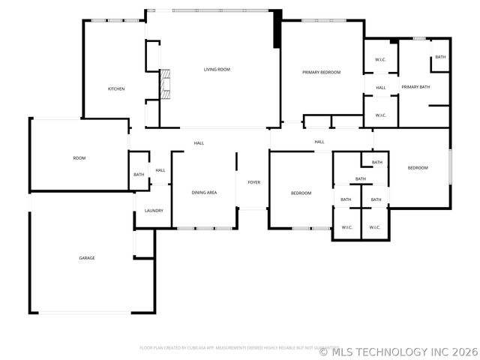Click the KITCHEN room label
[x=116, y=89]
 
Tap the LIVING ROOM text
[x=217, y=70]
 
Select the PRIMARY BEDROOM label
[x=322, y=72]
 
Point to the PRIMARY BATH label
[x=415, y=87]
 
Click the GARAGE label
[x=87, y=258]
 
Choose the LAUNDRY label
[x=154, y=211]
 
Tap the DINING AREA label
[x=204, y=193]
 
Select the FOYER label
[x=253, y=182]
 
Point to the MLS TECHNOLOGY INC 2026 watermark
[x=397, y=351]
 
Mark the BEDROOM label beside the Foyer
[x=301, y=193]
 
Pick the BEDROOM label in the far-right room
[x=418, y=167]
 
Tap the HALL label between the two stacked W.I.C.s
[x=380, y=88]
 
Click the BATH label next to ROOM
[x=139, y=175]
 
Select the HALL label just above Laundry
[x=160, y=170]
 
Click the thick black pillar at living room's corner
[x=277, y=28]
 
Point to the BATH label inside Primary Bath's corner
[x=440, y=57]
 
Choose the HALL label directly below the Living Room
[x=199, y=142]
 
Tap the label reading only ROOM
[x=79, y=158]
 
